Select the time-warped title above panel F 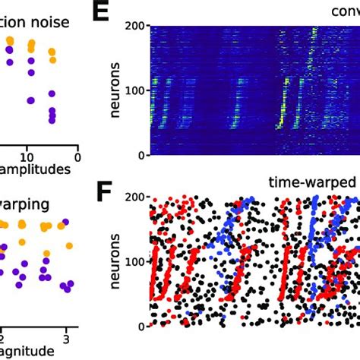(311, 182)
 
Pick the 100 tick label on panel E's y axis (134, 90)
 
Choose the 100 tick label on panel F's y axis (134, 261)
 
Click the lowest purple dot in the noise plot (52, 119)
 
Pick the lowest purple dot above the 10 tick (31, 100)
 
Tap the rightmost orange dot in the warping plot (69, 245)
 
